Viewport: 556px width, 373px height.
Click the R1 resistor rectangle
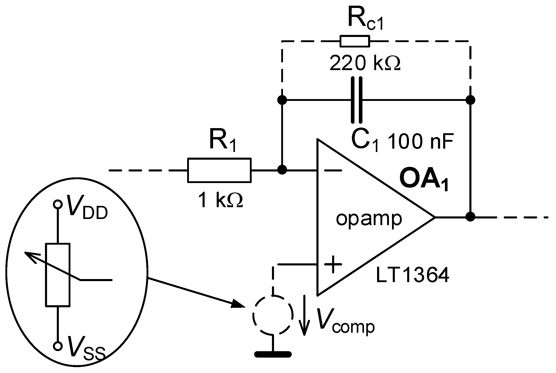pyautogui.click(x=219, y=170)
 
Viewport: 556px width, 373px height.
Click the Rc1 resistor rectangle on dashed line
pyautogui.click(x=355, y=41)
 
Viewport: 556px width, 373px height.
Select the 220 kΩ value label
pyautogui.click(x=364, y=63)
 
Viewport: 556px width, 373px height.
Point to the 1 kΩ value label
pyautogui.click(x=221, y=201)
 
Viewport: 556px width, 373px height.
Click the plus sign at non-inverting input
pyautogui.click(x=333, y=264)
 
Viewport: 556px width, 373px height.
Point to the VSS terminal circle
pyautogui.click(x=58, y=346)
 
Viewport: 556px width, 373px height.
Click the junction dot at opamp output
pyautogui.click(x=471, y=217)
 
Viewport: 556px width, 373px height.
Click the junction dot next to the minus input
pyautogui.click(x=282, y=170)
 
